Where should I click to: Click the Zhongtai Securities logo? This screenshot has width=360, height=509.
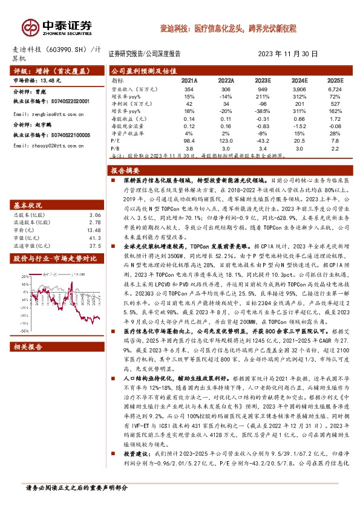[x=58, y=27]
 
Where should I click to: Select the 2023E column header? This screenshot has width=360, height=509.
[x=263, y=80]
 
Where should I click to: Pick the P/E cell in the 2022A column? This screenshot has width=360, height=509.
[x=226, y=139]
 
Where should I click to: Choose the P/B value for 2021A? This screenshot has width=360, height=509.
[x=189, y=148]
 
